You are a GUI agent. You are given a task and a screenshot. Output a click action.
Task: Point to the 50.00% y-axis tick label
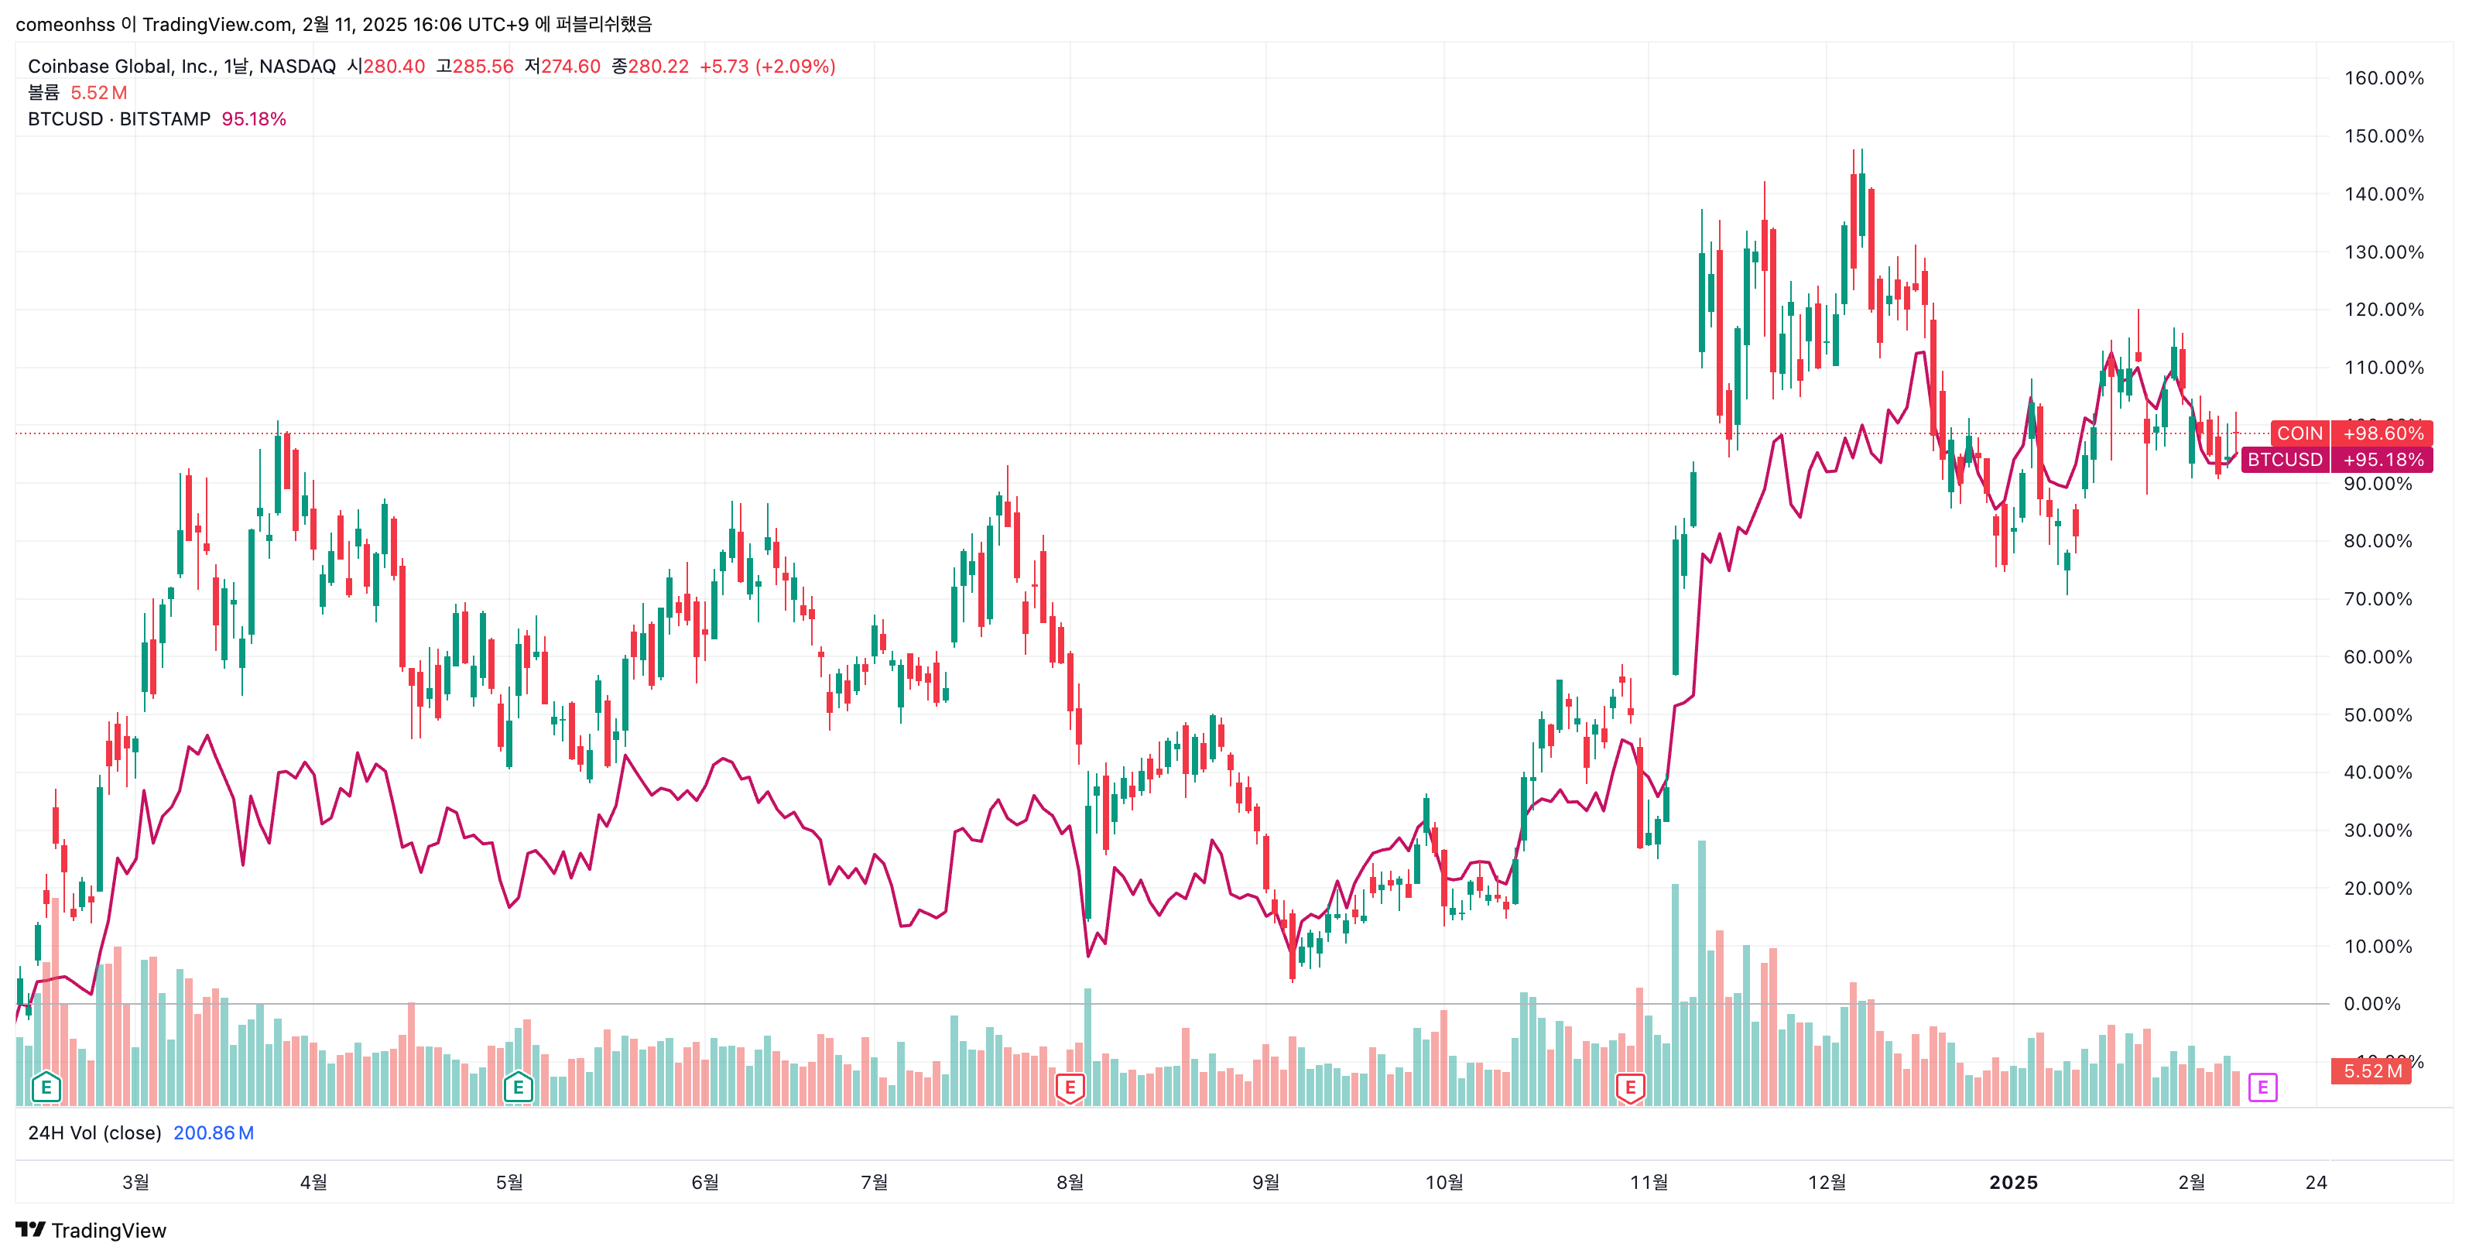(x=2377, y=715)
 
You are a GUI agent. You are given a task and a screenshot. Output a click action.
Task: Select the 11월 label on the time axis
(x=1649, y=1182)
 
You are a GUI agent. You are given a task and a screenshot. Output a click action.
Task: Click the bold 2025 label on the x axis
(x=2013, y=1182)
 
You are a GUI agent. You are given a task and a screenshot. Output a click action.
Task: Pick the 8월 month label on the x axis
(x=1070, y=1182)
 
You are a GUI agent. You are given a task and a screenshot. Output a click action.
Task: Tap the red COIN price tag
(x=2299, y=433)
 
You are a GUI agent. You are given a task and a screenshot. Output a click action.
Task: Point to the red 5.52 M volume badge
(x=2372, y=1071)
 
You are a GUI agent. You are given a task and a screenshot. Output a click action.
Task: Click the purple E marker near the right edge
(x=2262, y=1087)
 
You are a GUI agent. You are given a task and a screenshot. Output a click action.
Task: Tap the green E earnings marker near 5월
(x=518, y=1087)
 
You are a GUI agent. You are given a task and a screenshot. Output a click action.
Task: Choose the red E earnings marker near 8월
(x=1070, y=1087)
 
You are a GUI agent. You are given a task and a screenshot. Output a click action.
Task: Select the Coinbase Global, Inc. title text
(x=122, y=66)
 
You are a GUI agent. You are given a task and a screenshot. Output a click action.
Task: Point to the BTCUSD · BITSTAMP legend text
(x=119, y=119)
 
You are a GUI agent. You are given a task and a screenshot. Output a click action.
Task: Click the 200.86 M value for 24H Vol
(x=213, y=1132)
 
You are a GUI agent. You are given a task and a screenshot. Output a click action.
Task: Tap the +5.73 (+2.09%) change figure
(x=767, y=66)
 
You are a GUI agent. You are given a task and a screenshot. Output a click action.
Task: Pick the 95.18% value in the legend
(x=253, y=119)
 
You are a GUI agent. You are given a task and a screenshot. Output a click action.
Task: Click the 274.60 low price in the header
(x=570, y=66)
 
